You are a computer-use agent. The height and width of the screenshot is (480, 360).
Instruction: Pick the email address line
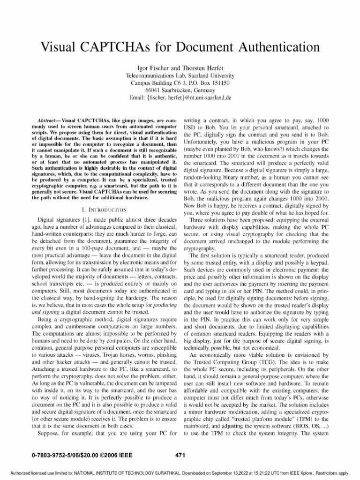pyautogui.click(x=180, y=97)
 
